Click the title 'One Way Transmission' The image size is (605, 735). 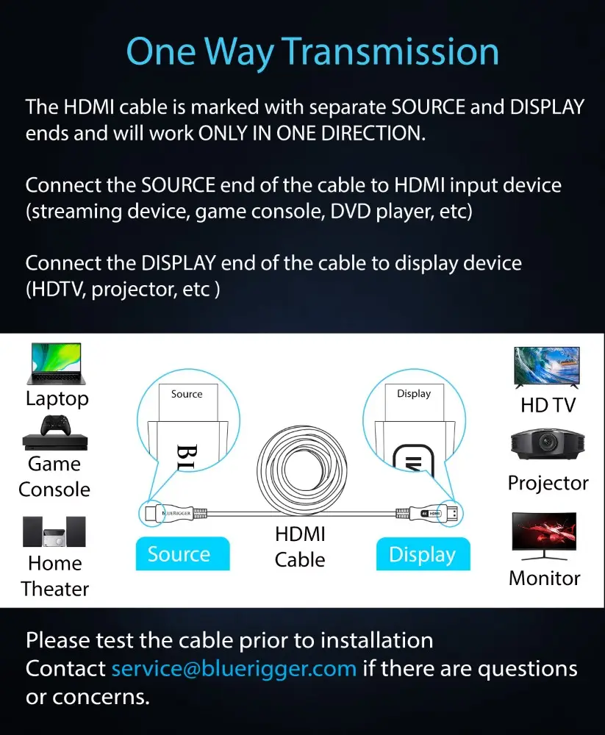coord(312,52)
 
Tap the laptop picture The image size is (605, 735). coord(57,364)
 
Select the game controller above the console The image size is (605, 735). coord(57,425)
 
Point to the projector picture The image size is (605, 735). coord(548,443)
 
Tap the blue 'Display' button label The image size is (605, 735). coord(423,554)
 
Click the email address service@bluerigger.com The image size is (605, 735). coord(234,668)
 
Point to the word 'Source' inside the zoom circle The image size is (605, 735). coord(187,394)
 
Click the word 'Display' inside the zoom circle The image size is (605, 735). coord(414,394)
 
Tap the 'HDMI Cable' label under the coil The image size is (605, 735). coord(300,547)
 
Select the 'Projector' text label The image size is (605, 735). coord(548,484)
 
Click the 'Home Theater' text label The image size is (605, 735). coord(55,576)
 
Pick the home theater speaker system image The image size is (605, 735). coord(54,531)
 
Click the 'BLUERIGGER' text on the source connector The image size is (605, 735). coord(177,513)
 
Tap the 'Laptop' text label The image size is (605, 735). coord(57,399)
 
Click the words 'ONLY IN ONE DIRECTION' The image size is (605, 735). coord(312,134)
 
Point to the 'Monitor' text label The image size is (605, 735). coord(545,578)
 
